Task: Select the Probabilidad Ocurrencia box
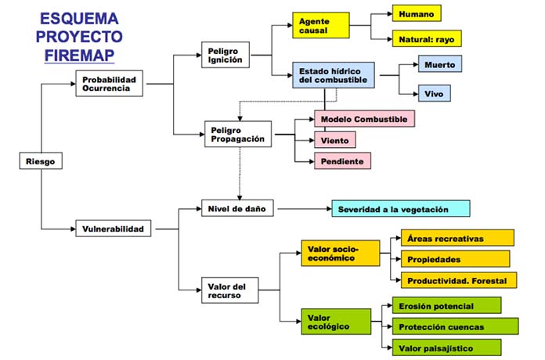tap(111, 83)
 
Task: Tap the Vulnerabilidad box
tap(114, 229)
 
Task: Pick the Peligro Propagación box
tap(237, 134)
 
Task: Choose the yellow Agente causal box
tap(319, 25)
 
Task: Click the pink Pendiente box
tap(342, 161)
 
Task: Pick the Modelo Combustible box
tap(363, 119)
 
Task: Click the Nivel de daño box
tap(237, 209)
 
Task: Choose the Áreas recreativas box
tap(457, 238)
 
